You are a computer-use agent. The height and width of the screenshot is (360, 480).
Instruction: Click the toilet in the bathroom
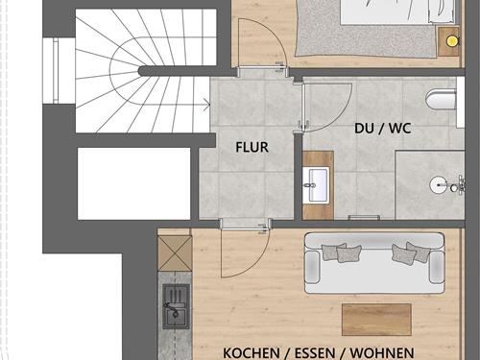[x=443, y=99]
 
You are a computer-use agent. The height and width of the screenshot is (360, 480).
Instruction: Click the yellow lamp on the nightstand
[x=448, y=41]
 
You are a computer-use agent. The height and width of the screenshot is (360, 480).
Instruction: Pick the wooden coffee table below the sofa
[x=375, y=318]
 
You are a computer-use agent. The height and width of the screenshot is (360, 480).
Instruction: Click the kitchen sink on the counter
[x=177, y=302]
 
